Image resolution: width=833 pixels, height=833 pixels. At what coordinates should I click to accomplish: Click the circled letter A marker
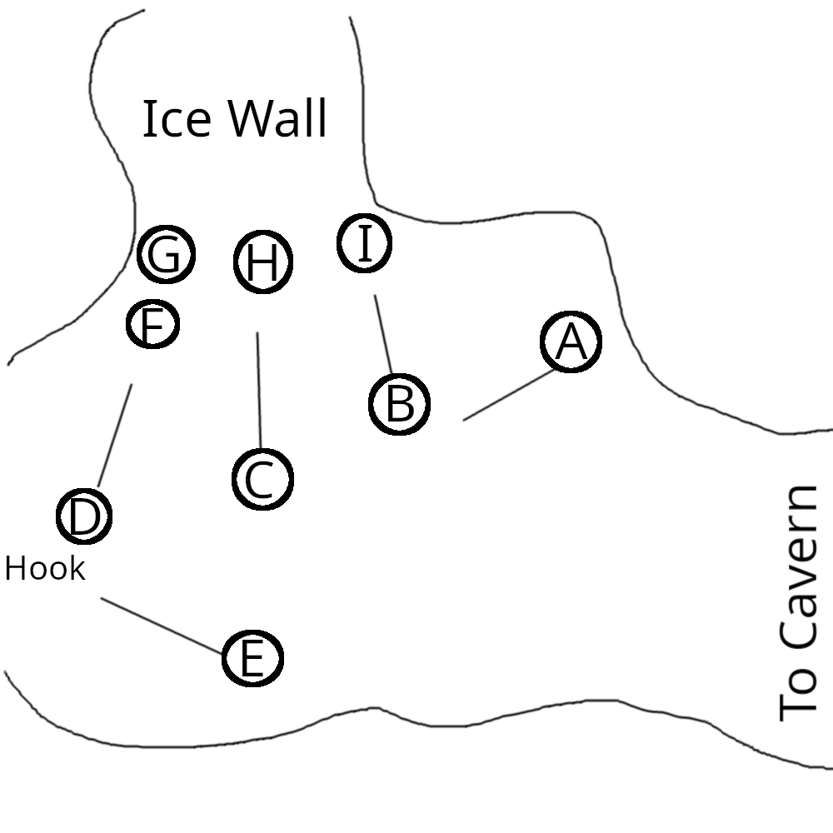click(x=571, y=342)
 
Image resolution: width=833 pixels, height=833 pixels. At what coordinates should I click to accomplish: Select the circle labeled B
click(x=399, y=404)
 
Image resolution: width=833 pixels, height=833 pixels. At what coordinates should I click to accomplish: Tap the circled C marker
click(x=262, y=480)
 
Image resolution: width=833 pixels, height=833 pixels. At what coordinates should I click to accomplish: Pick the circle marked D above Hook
click(x=84, y=516)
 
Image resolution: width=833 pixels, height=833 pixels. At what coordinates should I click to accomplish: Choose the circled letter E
click(x=252, y=658)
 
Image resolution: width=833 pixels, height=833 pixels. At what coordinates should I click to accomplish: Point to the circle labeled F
click(x=153, y=325)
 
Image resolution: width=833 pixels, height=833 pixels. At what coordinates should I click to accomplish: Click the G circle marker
click(x=166, y=255)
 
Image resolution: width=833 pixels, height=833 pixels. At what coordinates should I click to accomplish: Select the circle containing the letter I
click(x=364, y=243)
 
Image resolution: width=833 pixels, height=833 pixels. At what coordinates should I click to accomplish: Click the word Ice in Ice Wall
click(x=176, y=119)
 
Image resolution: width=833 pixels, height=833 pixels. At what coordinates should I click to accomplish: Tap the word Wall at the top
click(x=277, y=119)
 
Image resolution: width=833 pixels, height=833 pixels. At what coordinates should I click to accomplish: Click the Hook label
click(x=45, y=570)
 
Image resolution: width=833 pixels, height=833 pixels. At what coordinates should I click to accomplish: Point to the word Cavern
click(x=801, y=569)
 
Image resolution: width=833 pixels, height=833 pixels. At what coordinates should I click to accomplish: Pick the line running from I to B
click(x=383, y=333)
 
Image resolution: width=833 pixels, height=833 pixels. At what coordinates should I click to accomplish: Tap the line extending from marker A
click(x=508, y=396)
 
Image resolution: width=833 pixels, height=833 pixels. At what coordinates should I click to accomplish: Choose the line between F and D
click(x=115, y=435)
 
